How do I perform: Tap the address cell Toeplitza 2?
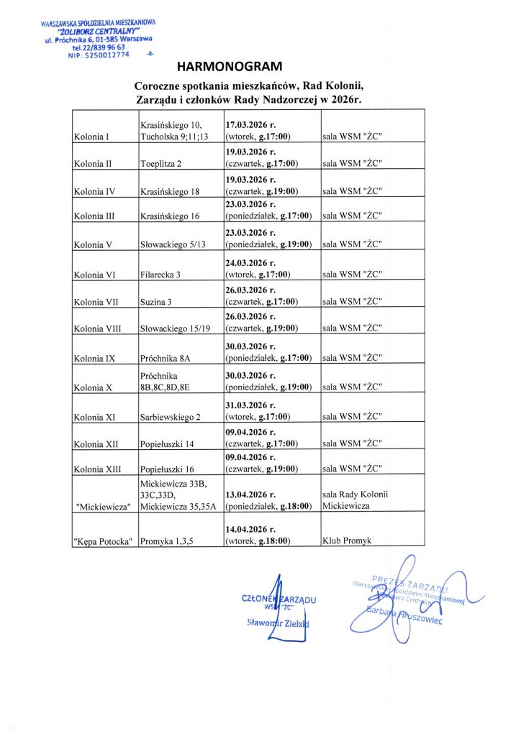[x=161, y=163]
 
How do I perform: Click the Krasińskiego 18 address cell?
[x=170, y=191]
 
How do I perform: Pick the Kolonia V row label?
[x=93, y=244]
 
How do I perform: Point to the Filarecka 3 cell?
[x=160, y=274]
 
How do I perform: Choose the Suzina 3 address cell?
[x=155, y=302]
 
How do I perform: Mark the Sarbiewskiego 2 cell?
[x=171, y=416]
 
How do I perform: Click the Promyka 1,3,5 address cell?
[x=168, y=540]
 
